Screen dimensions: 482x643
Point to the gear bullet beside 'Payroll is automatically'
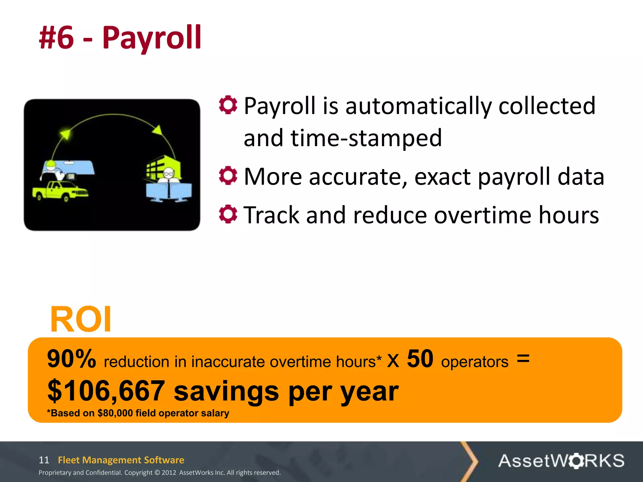click(228, 105)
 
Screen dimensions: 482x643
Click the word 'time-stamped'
click(366, 138)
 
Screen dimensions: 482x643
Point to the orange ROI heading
click(81, 319)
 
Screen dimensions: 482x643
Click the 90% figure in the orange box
click(72, 359)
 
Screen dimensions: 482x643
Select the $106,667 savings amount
click(106, 391)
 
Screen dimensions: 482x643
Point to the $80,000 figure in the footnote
click(115, 413)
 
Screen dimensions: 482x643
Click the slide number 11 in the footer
click(44, 460)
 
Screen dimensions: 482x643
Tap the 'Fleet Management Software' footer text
click(121, 460)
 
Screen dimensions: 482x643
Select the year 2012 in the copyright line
click(169, 473)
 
